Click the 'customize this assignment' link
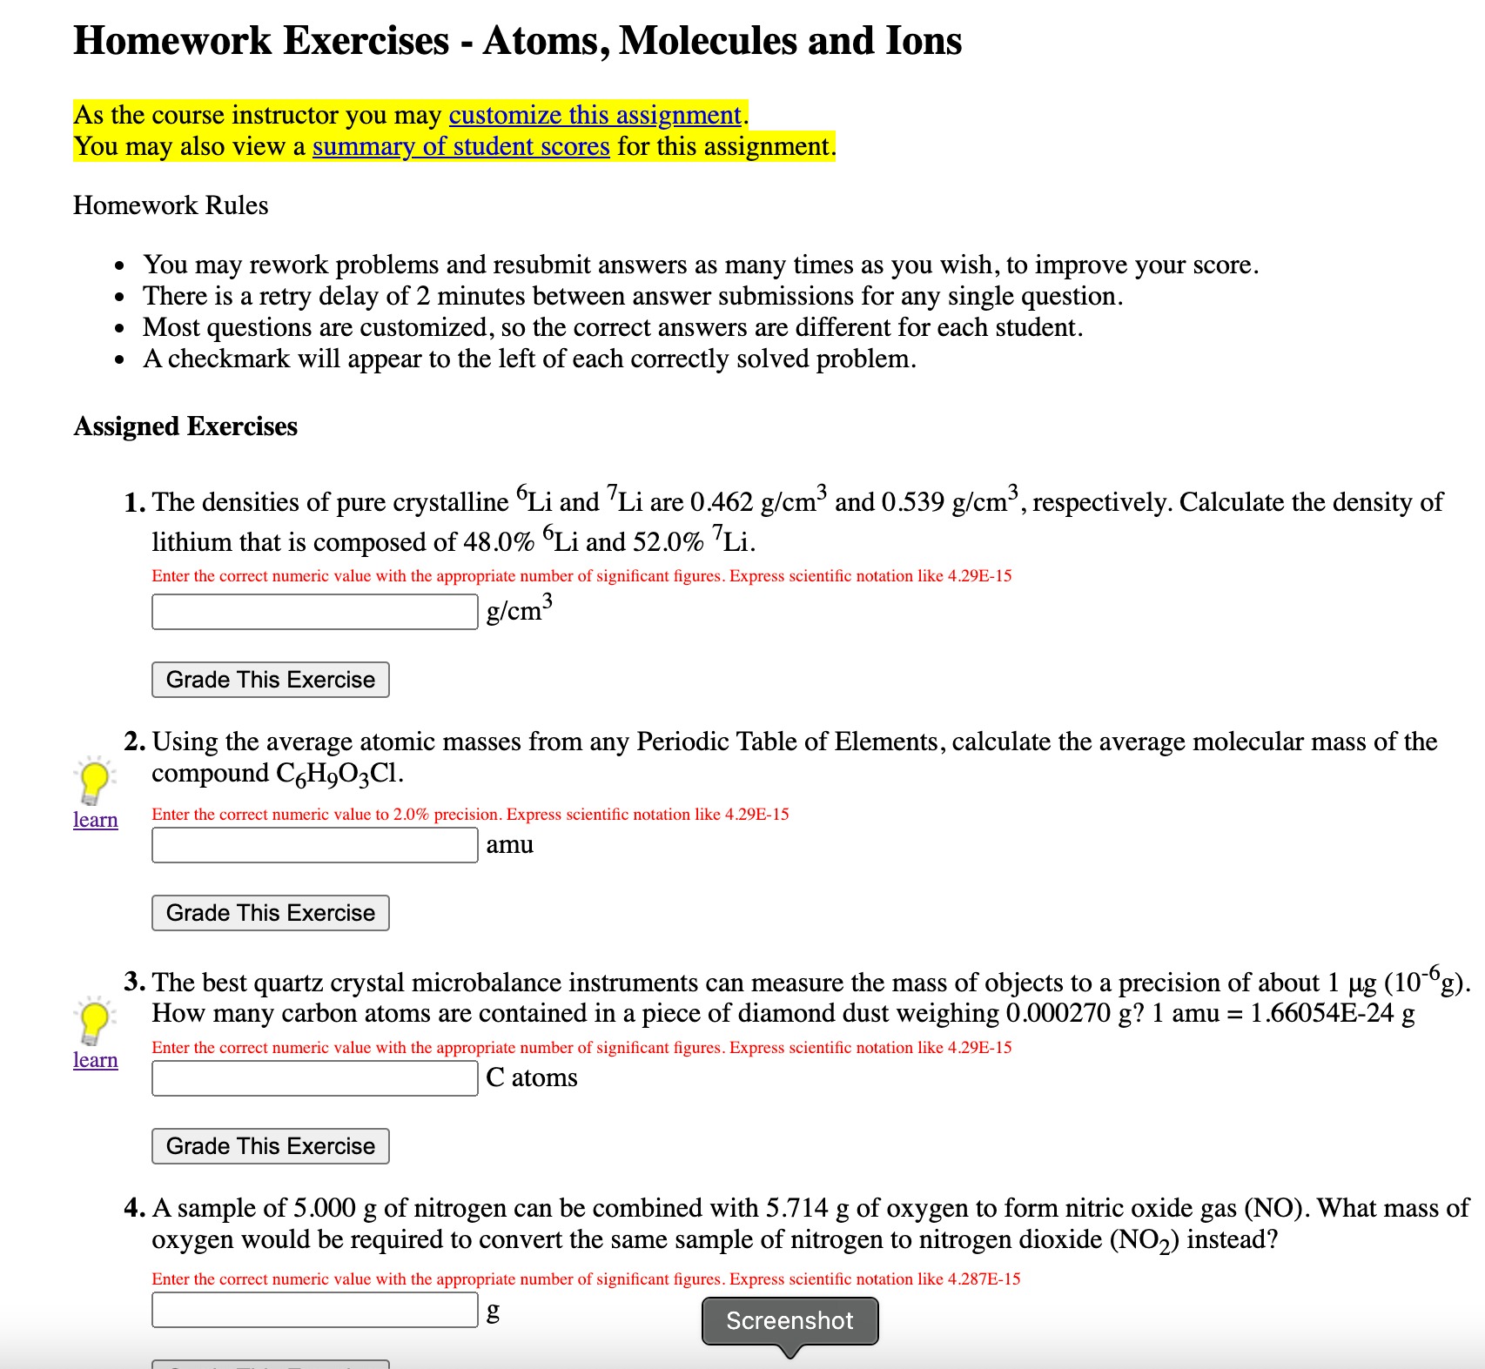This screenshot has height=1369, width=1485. [595, 115]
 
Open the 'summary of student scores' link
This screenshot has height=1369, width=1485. [460, 146]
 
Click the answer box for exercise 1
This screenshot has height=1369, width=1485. [314, 612]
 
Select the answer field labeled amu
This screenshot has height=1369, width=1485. [314, 845]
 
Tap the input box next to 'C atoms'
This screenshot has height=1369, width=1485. [314, 1078]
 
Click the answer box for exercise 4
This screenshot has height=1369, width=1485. [314, 1310]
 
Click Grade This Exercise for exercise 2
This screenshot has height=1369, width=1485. [270, 913]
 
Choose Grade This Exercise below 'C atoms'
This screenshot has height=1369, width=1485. [270, 1146]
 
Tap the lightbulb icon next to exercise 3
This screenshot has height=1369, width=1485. [94, 1021]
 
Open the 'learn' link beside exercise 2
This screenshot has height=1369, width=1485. [95, 820]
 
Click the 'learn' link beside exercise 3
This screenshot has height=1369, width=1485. [95, 1060]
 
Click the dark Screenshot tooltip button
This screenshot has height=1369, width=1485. [790, 1321]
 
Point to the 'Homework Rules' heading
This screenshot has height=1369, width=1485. [171, 205]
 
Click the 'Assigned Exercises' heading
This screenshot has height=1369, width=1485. [185, 426]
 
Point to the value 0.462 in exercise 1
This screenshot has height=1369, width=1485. [721, 502]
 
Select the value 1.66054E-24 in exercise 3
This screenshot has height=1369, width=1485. [1321, 1013]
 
